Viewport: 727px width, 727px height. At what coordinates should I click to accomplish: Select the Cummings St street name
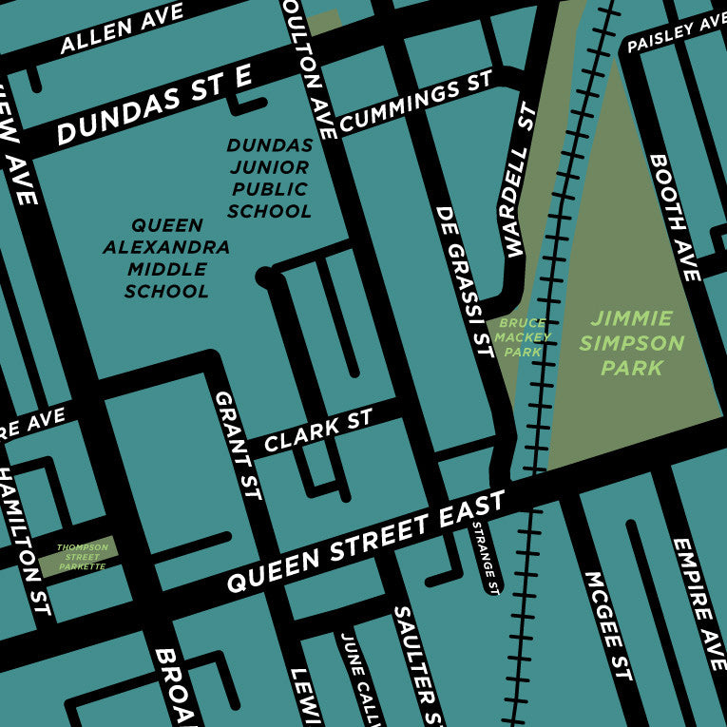click(x=416, y=102)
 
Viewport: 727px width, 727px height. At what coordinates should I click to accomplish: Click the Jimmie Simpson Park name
click(x=631, y=342)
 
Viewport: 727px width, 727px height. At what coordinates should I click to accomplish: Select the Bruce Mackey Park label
click(x=521, y=337)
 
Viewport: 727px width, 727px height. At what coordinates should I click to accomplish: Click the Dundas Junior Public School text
click(x=270, y=179)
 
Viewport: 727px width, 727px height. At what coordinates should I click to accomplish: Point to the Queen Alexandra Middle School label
click(x=167, y=258)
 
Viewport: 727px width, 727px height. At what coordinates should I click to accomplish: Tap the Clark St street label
click(x=318, y=431)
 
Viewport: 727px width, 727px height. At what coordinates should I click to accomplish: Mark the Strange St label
click(x=484, y=556)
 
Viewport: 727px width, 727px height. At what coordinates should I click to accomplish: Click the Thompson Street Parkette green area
click(x=78, y=557)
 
